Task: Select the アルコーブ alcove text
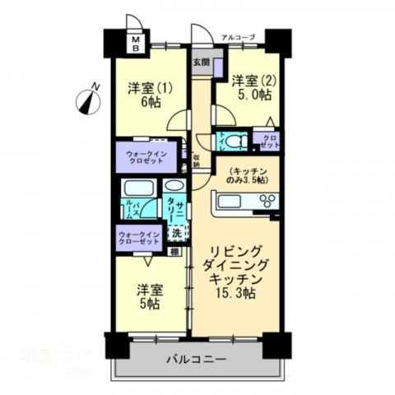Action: point(239,37)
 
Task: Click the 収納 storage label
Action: point(197,160)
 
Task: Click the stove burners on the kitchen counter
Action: point(267,200)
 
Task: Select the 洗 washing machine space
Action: point(175,233)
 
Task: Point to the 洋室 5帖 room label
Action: point(148,296)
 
